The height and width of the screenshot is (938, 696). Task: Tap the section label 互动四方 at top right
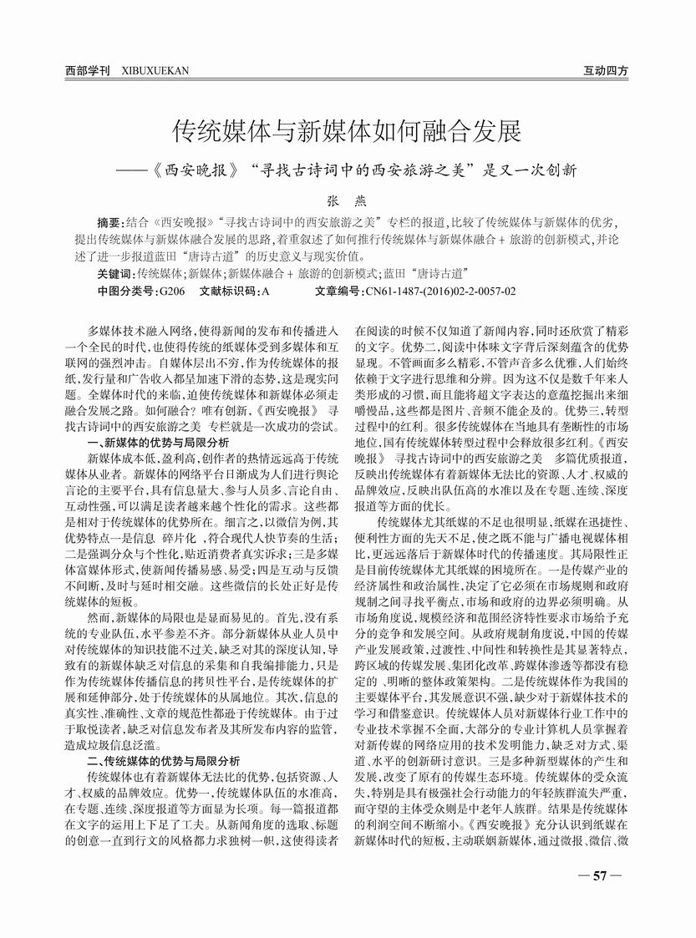[x=606, y=71]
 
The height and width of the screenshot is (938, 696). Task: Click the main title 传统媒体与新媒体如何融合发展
[x=347, y=131]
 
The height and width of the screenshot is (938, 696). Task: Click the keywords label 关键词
[x=114, y=273]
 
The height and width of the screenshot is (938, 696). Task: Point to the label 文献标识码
[x=228, y=291]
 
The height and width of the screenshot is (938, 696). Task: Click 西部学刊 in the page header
[x=88, y=71]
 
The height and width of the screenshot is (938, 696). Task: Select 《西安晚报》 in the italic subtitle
[x=194, y=166]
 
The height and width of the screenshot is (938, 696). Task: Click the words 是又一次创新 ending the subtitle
[x=534, y=166]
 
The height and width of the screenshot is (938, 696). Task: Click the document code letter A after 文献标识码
[x=265, y=291]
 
